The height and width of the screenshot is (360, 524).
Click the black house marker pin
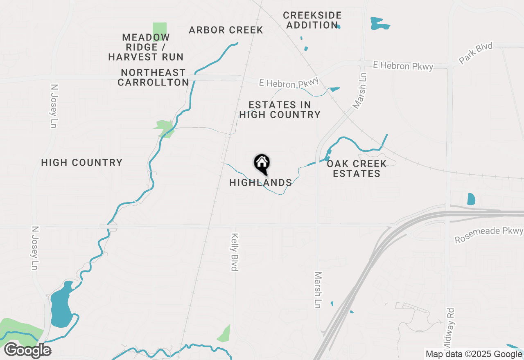262,164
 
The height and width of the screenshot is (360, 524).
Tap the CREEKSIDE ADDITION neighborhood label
312,20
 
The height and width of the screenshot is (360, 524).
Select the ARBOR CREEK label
226,30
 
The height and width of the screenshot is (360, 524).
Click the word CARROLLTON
153,82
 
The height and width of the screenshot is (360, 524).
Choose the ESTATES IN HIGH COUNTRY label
280,110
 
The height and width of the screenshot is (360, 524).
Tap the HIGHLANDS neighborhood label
260,183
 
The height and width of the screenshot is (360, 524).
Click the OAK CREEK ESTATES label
357,169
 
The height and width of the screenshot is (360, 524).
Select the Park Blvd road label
476,53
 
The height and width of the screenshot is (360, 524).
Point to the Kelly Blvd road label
235,252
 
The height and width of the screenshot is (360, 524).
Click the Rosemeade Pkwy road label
489,235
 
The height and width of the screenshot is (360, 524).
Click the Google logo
27,350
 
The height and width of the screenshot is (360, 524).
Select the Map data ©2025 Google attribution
473,354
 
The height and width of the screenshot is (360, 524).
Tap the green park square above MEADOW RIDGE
159,31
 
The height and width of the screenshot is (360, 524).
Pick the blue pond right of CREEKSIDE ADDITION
379,24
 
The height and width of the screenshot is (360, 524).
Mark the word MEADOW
146,38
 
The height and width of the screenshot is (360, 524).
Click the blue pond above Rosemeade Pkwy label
471,199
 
